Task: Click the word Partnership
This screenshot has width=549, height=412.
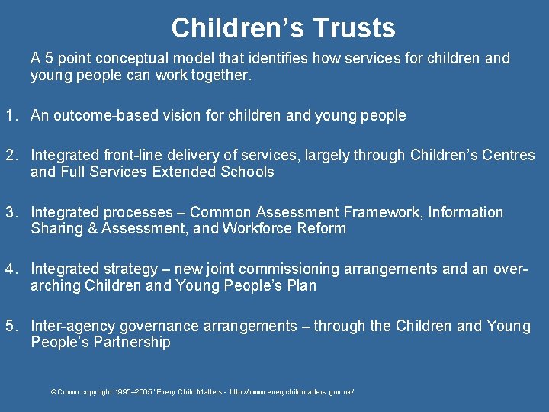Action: click(132, 342)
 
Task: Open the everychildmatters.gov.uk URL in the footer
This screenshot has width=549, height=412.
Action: click(291, 392)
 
